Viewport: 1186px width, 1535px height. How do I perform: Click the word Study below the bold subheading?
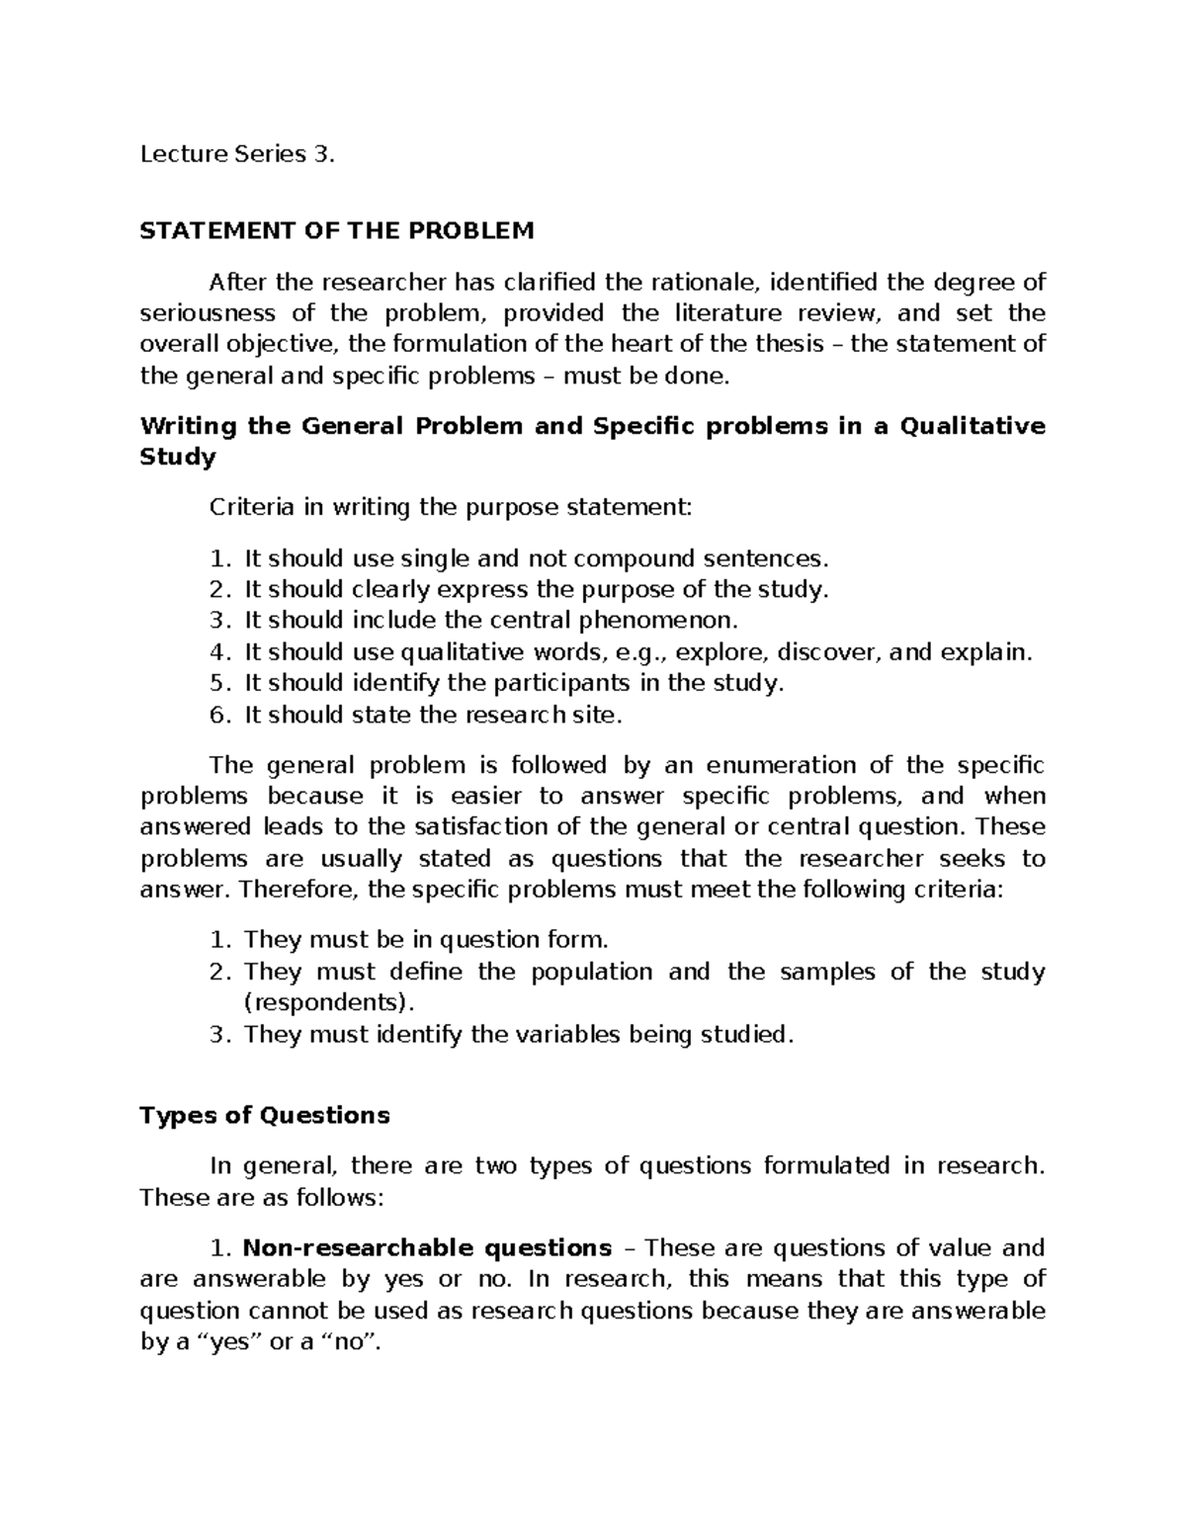(178, 458)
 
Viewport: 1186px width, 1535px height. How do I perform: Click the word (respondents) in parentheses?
(325, 1002)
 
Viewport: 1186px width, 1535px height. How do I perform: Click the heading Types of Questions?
(265, 1116)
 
